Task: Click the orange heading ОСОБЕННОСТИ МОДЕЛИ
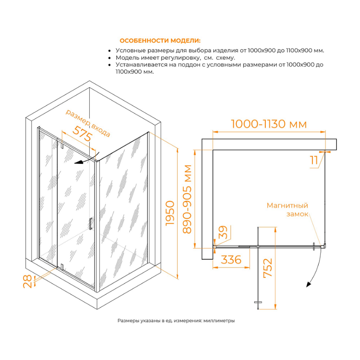pyautogui.click(x=160, y=41)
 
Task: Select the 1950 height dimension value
pyautogui.click(x=170, y=213)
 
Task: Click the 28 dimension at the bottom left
pyautogui.click(x=27, y=282)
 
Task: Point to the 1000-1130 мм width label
pyautogui.click(x=269, y=124)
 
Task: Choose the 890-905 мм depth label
pyautogui.click(x=187, y=199)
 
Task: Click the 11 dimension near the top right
pyautogui.click(x=314, y=160)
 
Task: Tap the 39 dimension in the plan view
pyautogui.click(x=223, y=232)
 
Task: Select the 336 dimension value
pyautogui.click(x=231, y=260)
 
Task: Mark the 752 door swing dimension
pyautogui.click(x=268, y=268)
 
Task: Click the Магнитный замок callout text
pyautogui.click(x=287, y=210)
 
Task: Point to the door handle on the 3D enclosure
pyautogui.click(x=91, y=224)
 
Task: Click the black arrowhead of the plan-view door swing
pyautogui.click(x=309, y=285)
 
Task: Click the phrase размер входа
pyautogui.click(x=88, y=123)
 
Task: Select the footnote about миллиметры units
pyautogui.click(x=176, y=320)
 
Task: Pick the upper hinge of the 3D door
pyautogui.click(x=62, y=145)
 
